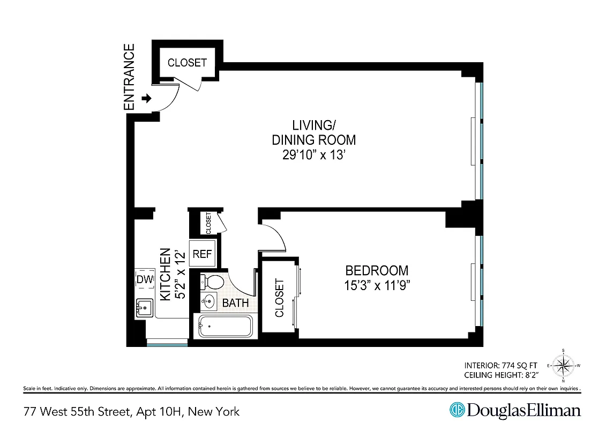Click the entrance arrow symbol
(146, 99)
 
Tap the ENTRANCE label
(129, 77)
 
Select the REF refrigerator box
(203, 254)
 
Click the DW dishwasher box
(144, 279)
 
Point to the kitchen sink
(144, 308)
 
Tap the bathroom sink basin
(208, 301)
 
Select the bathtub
(225, 326)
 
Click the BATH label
(235, 303)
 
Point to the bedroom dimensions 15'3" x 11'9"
(377, 285)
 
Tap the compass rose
(563, 366)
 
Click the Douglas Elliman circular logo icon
(457, 410)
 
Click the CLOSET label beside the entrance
(187, 63)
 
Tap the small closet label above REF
(208, 223)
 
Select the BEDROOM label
(377, 270)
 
